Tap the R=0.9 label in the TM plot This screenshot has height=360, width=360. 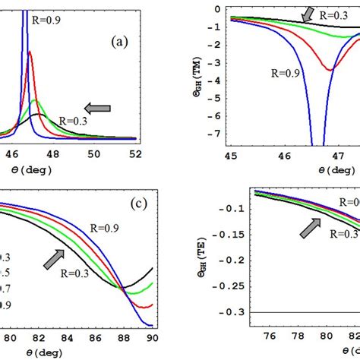[x=283, y=74]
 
